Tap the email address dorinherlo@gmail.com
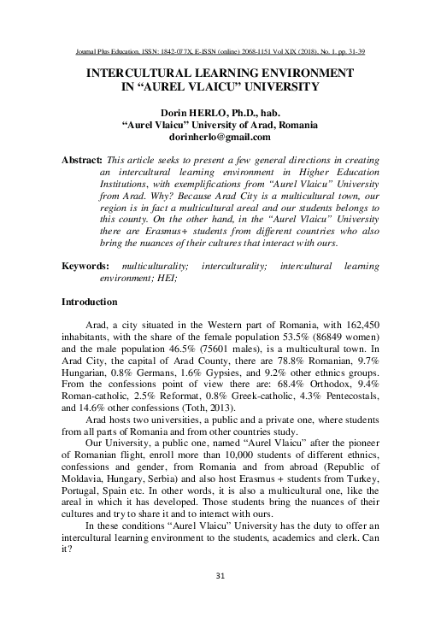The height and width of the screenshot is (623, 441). point(220,137)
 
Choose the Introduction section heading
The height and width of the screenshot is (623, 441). point(96,303)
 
